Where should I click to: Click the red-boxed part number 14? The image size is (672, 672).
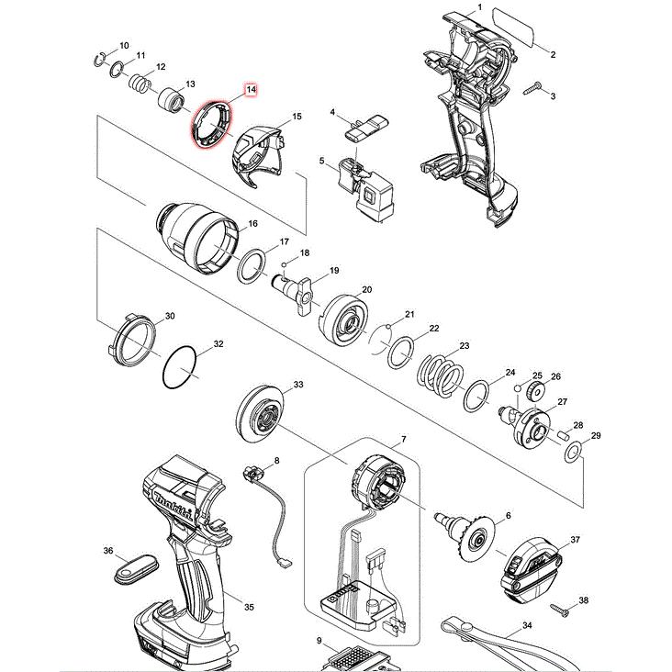click(251, 90)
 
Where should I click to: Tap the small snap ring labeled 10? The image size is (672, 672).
click(99, 60)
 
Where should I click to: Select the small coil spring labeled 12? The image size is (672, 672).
click(140, 83)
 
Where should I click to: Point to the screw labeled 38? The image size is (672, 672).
click(560, 610)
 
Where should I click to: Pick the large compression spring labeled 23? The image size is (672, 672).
click(440, 375)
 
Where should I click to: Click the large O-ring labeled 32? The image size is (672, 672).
click(180, 368)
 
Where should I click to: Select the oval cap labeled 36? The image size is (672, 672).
click(135, 568)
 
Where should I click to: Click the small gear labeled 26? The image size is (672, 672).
click(534, 390)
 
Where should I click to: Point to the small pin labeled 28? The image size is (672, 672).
click(564, 436)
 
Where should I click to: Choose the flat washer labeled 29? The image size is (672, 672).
click(574, 453)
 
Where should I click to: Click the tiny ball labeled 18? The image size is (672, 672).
click(285, 264)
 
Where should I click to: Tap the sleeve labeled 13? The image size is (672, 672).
click(171, 100)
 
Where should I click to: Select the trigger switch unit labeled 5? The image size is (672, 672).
click(366, 190)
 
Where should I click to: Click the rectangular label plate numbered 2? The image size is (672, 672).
click(513, 27)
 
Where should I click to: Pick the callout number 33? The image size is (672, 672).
click(298, 385)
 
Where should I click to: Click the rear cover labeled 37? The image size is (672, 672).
click(531, 568)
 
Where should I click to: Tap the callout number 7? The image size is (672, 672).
click(403, 439)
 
